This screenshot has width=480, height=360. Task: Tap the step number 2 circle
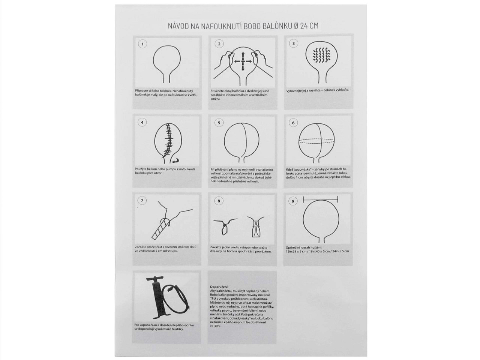tap(219, 44)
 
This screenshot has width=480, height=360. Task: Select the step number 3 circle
tap(293, 43)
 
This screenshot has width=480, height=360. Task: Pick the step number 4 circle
tap(142, 122)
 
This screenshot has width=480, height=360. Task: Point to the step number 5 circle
tap(219, 123)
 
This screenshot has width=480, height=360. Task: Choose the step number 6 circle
tap(293, 123)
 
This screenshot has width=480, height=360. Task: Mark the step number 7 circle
tap(142, 201)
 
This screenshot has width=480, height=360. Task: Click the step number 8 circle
tap(219, 201)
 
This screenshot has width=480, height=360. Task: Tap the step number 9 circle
tap(293, 201)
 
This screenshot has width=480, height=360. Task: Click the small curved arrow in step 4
tap(175, 160)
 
